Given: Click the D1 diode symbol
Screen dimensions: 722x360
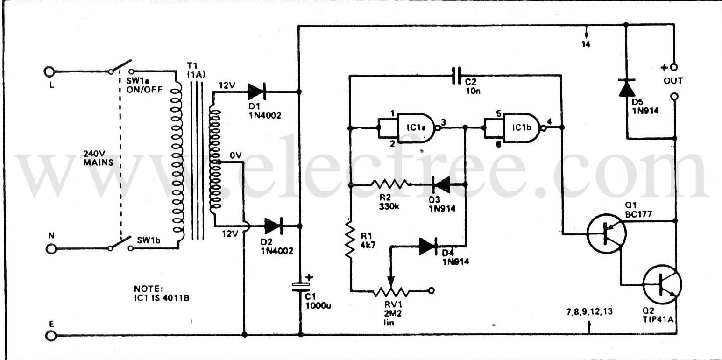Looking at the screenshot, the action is [257, 92].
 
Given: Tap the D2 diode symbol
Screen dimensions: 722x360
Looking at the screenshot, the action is [273, 226].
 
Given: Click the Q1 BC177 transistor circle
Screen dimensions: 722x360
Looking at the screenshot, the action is [607, 233].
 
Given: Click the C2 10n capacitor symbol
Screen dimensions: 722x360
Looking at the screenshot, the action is [456, 76].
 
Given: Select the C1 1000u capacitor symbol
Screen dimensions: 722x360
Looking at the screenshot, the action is [300, 287].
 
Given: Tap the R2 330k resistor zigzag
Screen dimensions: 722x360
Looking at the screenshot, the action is [390, 184].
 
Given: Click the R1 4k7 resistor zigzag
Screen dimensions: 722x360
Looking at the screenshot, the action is [349, 239].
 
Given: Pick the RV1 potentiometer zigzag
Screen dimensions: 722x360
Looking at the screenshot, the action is [391, 291].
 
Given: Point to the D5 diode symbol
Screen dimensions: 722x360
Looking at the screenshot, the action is [627, 87].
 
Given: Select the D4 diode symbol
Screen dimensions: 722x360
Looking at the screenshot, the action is [428, 246].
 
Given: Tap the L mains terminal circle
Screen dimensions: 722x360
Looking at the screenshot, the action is [49, 71].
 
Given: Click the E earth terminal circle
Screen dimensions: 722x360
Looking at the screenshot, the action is [50, 336].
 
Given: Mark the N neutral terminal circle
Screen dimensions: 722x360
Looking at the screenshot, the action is [51, 249].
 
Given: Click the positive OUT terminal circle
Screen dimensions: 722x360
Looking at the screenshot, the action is [673, 67].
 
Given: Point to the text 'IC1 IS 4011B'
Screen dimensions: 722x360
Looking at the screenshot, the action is [162, 298].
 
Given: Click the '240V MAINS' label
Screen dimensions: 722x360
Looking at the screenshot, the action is [98, 158].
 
